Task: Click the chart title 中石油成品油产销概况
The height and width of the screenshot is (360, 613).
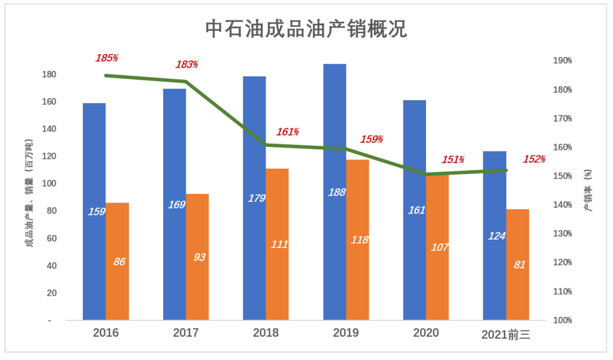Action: [306, 29]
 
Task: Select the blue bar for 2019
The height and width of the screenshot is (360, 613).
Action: [335, 192]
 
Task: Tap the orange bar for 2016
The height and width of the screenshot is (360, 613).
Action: [117, 261]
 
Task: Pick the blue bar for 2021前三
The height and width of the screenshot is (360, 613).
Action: [495, 236]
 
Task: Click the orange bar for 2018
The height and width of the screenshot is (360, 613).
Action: [277, 244]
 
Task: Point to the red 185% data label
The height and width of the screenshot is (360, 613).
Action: [107, 58]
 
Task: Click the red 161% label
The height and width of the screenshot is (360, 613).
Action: [287, 132]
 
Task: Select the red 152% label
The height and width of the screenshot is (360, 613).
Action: [535, 159]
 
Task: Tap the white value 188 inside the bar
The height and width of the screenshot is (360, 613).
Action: [337, 192]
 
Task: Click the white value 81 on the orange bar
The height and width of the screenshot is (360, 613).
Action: [519, 265]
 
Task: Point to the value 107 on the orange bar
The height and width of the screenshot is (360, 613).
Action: [440, 247]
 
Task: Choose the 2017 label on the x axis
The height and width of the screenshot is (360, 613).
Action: [186, 332]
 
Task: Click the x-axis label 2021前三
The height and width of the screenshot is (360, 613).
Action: [506, 334]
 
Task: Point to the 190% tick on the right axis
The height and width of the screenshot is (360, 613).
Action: [562, 61]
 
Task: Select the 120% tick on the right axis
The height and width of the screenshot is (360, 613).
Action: [562, 262]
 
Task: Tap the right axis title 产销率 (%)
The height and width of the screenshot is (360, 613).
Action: [588, 190]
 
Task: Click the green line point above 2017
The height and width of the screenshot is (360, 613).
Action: [186, 82]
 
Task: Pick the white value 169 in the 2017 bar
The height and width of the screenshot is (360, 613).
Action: [177, 205]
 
